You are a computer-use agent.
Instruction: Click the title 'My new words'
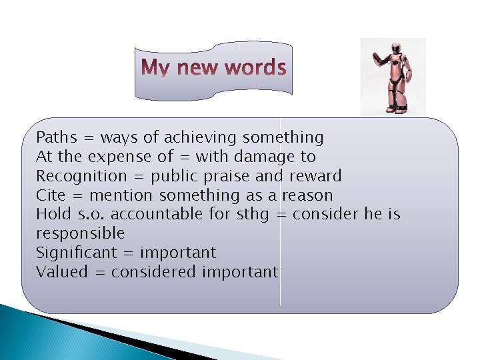pos(214,68)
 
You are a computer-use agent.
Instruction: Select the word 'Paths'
pos(57,138)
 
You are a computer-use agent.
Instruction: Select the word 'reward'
pos(315,177)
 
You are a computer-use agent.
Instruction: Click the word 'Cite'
pos(51,196)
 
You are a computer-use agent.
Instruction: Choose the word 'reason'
pos(307,196)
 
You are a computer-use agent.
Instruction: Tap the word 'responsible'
pos(80,234)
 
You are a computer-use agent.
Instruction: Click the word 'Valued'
pos(61,272)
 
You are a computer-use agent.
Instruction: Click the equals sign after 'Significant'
pos(129,253)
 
